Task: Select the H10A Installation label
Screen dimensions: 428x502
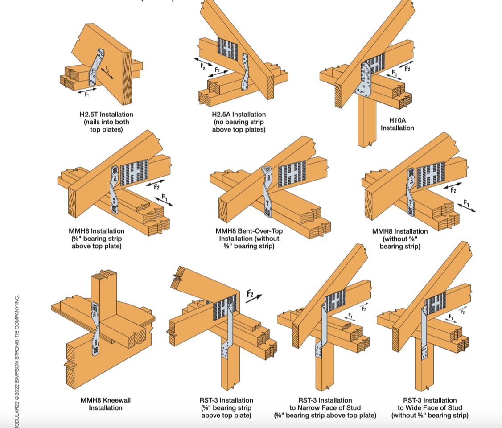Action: (x=397, y=124)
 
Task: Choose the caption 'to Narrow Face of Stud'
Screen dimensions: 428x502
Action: (x=325, y=407)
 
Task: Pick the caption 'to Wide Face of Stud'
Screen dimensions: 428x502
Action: (x=430, y=407)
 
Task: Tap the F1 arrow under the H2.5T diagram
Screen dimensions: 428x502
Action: (x=87, y=93)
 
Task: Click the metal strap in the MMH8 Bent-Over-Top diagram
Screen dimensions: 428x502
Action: (x=267, y=192)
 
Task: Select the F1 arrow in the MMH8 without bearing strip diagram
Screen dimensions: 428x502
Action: (x=467, y=206)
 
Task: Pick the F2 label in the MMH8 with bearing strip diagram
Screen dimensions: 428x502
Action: (x=156, y=186)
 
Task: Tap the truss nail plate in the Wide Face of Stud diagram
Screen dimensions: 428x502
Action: (x=435, y=304)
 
